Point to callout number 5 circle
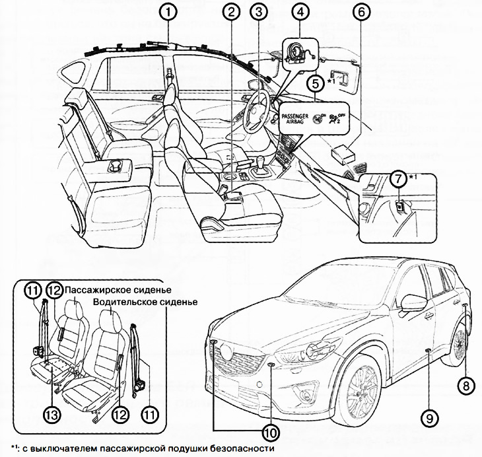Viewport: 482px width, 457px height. point(315,83)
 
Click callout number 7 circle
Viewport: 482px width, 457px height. point(396,177)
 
